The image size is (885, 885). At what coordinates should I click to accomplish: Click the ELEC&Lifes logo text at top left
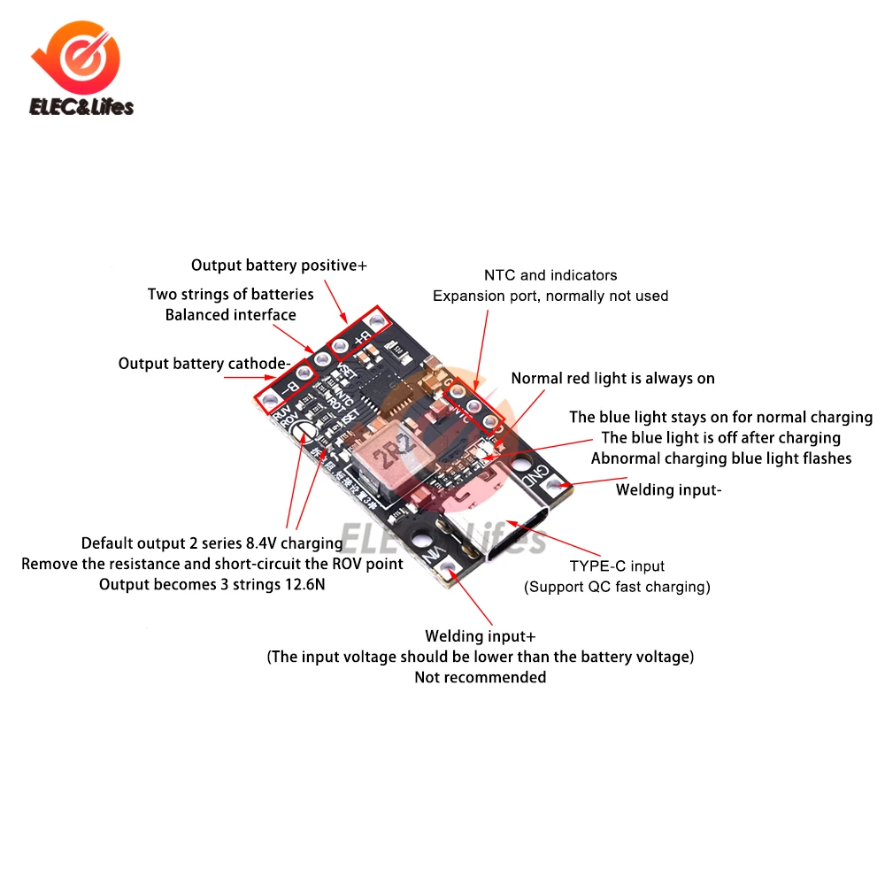pyautogui.click(x=81, y=107)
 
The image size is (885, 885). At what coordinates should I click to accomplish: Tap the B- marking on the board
pyautogui.click(x=285, y=387)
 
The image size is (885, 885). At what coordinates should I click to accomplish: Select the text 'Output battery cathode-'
pyautogui.click(x=204, y=364)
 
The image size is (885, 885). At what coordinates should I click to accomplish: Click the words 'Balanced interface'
pyautogui.click(x=230, y=315)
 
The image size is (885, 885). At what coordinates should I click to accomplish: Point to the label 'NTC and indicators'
pyautogui.click(x=550, y=275)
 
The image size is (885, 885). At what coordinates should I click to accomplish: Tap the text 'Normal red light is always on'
pyautogui.click(x=612, y=379)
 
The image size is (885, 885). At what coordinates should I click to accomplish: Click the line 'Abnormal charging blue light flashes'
pyautogui.click(x=721, y=458)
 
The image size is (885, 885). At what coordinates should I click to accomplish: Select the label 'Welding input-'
pyautogui.click(x=669, y=489)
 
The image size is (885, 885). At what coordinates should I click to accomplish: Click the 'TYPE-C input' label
pyautogui.click(x=617, y=566)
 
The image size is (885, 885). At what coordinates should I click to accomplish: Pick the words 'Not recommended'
pyautogui.click(x=481, y=677)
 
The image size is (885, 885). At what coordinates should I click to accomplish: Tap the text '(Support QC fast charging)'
pyautogui.click(x=617, y=586)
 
